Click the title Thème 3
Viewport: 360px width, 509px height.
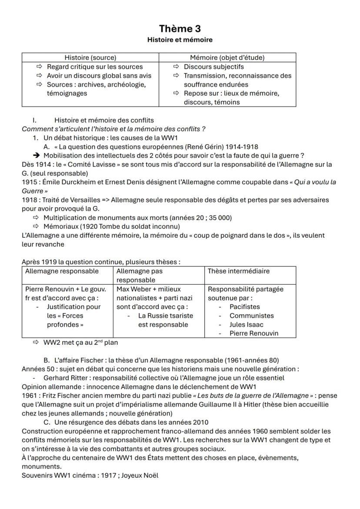pyautogui.click(x=180, y=29)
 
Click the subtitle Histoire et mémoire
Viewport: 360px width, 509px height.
pyautogui.click(x=180, y=40)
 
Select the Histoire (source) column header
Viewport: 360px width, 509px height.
pyautogui.click(x=90, y=57)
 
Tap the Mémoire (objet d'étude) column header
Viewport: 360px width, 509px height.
pyautogui.click(x=227, y=57)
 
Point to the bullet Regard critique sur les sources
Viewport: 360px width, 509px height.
pyautogui.click(x=95, y=67)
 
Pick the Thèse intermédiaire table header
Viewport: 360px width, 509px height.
pyautogui.click(x=238, y=271)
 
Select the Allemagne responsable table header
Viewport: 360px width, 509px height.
pyautogui.click(x=62, y=271)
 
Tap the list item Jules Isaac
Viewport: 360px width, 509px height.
pyautogui.click(x=246, y=325)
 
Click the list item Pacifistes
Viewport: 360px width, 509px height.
pyautogui.click(x=244, y=307)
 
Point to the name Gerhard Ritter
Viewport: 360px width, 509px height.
pyautogui.click(x=66, y=378)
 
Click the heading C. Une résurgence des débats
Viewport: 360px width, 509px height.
pyautogui.click(x=126, y=422)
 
